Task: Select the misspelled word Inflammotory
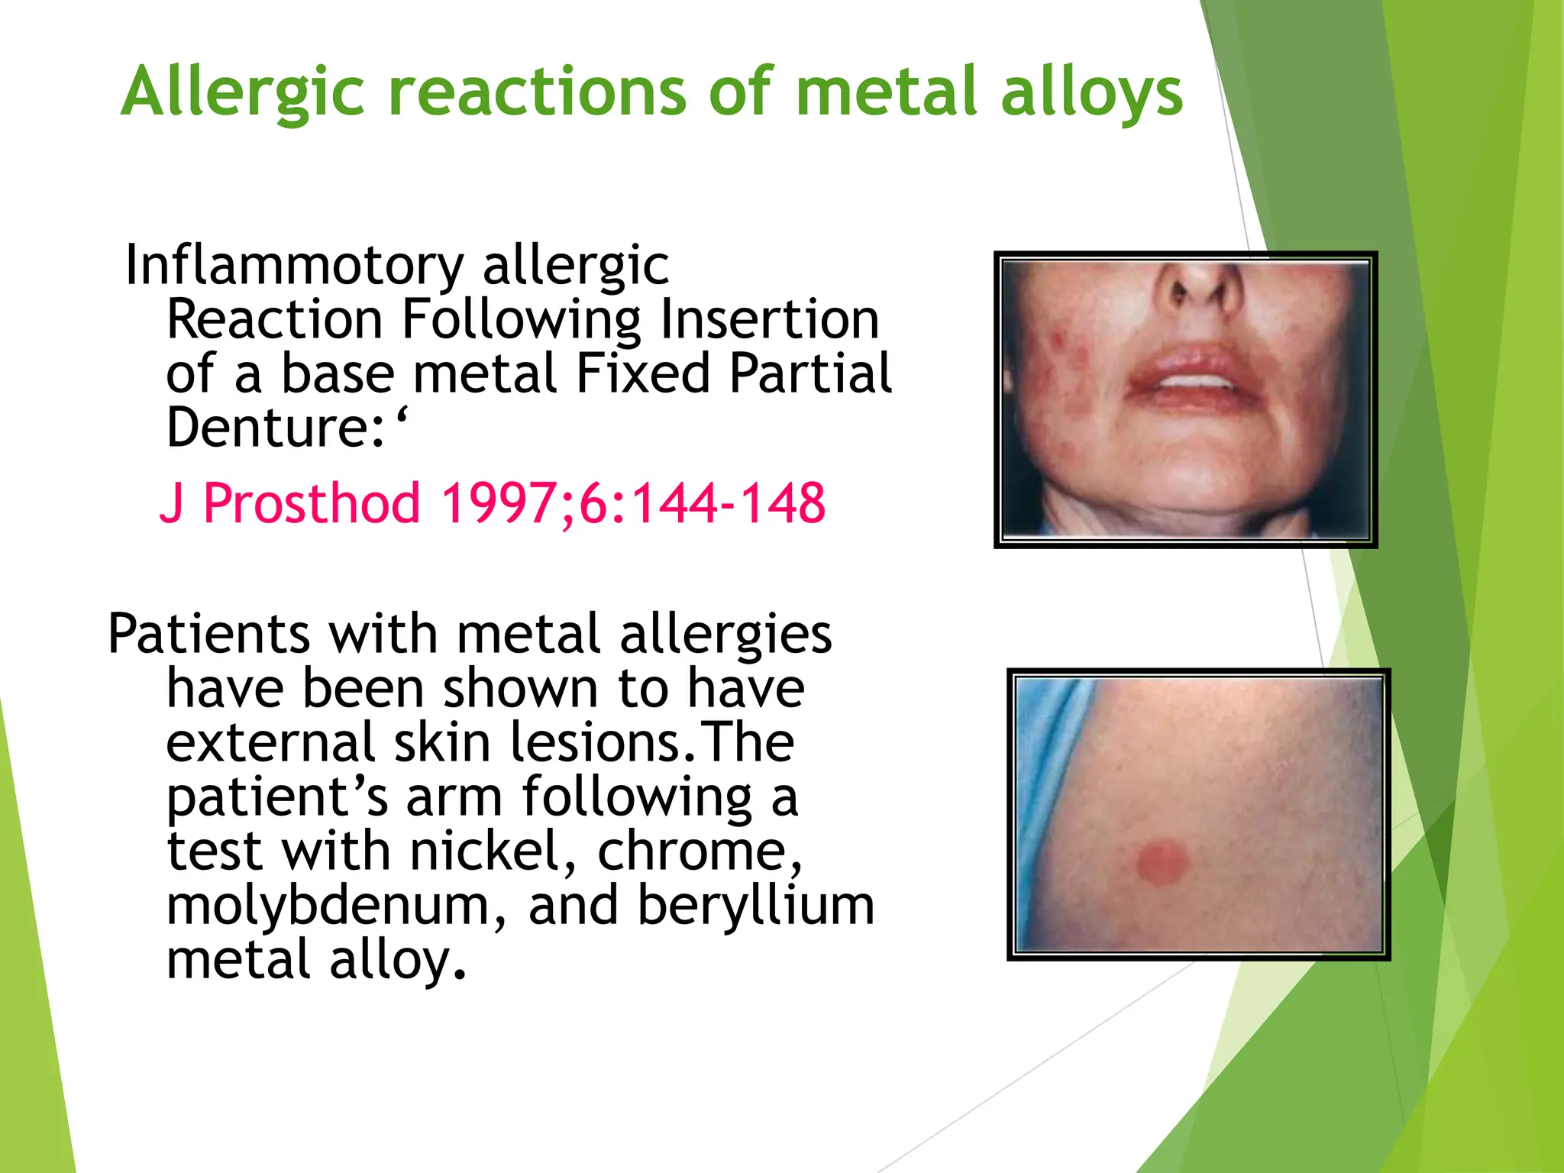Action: (x=294, y=265)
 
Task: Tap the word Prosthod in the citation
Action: (x=312, y=503)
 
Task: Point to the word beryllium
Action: (x=755, y=906)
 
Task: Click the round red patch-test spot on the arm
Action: (x=1162, y=862)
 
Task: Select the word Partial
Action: (x=809, y=373)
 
